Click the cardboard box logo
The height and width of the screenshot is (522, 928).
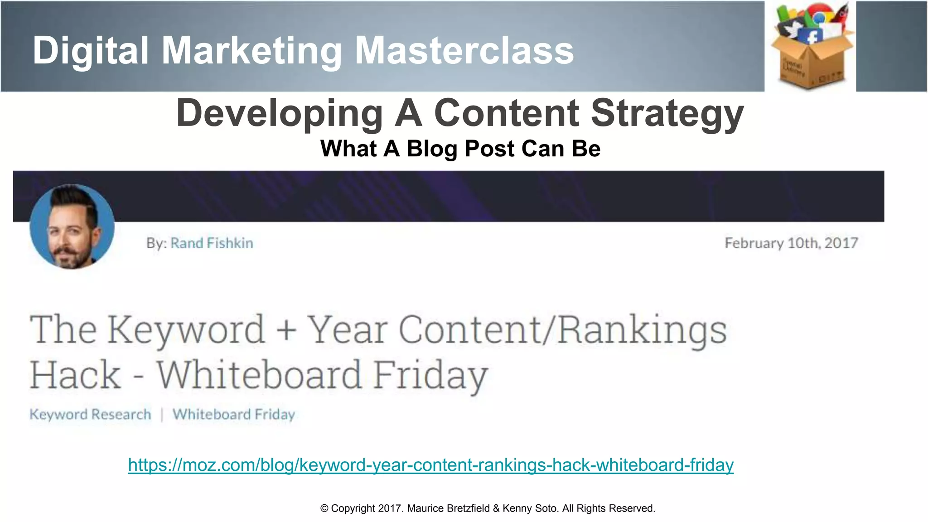(x=811, y=50)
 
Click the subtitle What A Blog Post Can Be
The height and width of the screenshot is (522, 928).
(x=460, y=149)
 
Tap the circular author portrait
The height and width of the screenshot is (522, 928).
(x=72, y=227)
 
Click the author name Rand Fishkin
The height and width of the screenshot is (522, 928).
(x=212, y=243)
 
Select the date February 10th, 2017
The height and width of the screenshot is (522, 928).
(x=791, y=243)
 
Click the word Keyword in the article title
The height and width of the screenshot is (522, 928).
(x=186, y=329)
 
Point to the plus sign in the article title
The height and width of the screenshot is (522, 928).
(x=286, y=330)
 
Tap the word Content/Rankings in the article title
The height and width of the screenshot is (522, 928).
(x=562, y=329)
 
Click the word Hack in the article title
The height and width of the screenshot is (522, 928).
(x=76, y=375)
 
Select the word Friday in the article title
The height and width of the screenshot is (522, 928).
(x=430, y=375)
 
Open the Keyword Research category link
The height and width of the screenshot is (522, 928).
(x=90, y=414)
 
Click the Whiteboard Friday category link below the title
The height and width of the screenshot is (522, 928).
(x=234, y=414)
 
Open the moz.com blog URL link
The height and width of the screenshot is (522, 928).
(x=430, y=465)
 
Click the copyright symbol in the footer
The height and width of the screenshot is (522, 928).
(x=324, y=508)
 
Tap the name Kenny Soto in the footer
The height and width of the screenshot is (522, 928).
(x=530, y=508)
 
